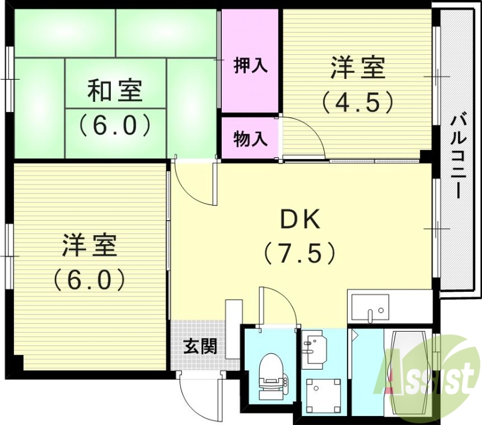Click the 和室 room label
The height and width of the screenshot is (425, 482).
pyautogui.click(x=115, y=92)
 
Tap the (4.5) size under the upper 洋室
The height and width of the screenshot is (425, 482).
pyautogui.click(x=357, y=101)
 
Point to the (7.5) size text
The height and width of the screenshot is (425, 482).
pyautogui.click(x=299, y=253)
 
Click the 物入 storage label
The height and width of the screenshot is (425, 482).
pyautogui.click(x=250, y=139)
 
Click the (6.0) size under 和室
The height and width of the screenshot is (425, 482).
pyautogui.click(x=115, y=125)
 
